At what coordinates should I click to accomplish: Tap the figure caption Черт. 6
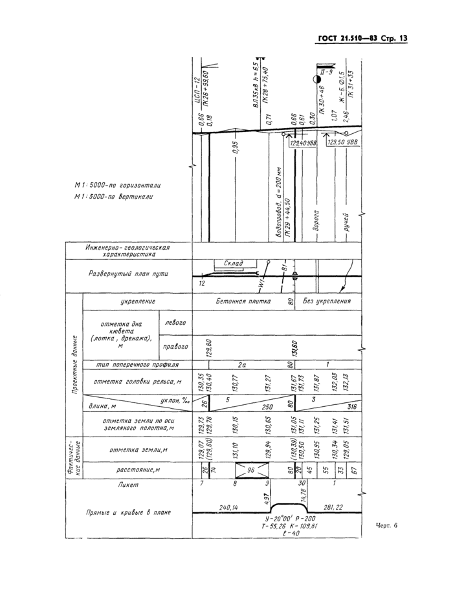[x=386, y=525]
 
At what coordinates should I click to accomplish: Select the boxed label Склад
[x=233, y=263]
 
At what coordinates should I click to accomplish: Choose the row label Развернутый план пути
[x=129, y=273]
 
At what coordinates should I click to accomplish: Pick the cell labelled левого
[x=175, y=322]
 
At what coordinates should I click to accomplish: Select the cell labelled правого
[x=175, y=346]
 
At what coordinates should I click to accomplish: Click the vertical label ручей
[x=347, y=222]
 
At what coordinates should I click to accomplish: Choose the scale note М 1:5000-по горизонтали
[x=118, y=185]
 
